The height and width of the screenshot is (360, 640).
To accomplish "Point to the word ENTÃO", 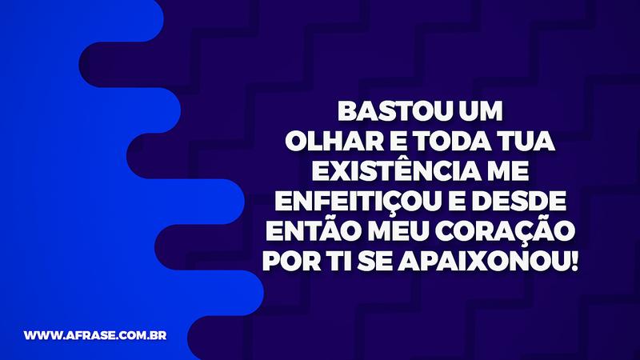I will [309, 230].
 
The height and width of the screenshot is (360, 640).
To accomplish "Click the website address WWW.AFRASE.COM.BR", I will [94, 335].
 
